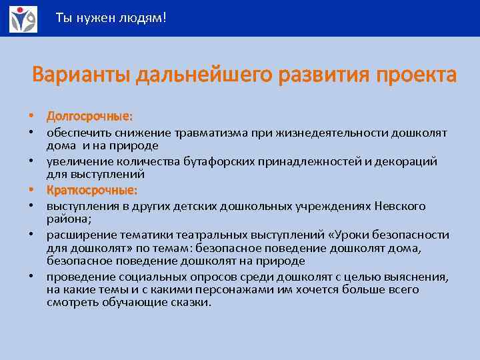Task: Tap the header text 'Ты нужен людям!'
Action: (111, 18)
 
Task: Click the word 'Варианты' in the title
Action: (81, 75)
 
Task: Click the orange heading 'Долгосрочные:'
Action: (89, 117)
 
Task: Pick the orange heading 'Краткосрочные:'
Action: (92, 191)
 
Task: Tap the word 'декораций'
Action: (409, 161)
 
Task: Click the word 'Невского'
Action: (401, 207)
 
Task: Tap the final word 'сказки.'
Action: (193, 302)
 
